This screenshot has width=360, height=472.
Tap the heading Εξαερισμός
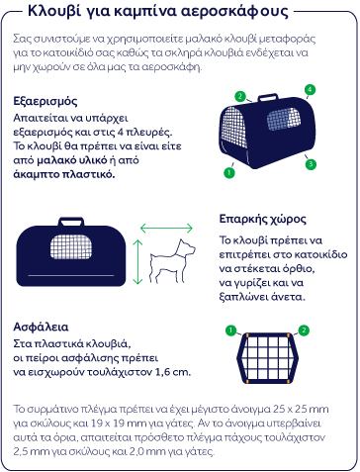[x=45, y=101]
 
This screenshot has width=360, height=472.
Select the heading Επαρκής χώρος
[x=263, y=219]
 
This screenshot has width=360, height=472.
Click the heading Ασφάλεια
[x=41, y=327]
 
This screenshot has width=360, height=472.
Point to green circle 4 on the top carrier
[x=310, y=90]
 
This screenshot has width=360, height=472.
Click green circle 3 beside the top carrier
[x=311, y=164]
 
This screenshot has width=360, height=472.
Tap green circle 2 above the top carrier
[x=240, y=96]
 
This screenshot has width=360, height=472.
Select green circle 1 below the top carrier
[x=229, y=172]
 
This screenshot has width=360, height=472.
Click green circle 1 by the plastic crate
[x=230, y=330]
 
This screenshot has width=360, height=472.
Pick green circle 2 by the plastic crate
[x=304, y=330]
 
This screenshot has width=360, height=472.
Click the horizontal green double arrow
[x=166, y=228]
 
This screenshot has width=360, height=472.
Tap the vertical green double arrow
[x=137, y=262]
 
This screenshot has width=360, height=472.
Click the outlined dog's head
[x=185, y=248]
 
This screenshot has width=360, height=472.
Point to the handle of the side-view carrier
[x=71, y=222]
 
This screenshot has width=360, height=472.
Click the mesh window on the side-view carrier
[x=71, y=246]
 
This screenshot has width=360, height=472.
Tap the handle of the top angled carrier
[x=268, y=97]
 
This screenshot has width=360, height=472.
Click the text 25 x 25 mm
[x=301, y=409]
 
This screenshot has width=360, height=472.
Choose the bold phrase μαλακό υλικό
[x=72, y=160]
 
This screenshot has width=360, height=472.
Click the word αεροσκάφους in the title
[x=234, y=11]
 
